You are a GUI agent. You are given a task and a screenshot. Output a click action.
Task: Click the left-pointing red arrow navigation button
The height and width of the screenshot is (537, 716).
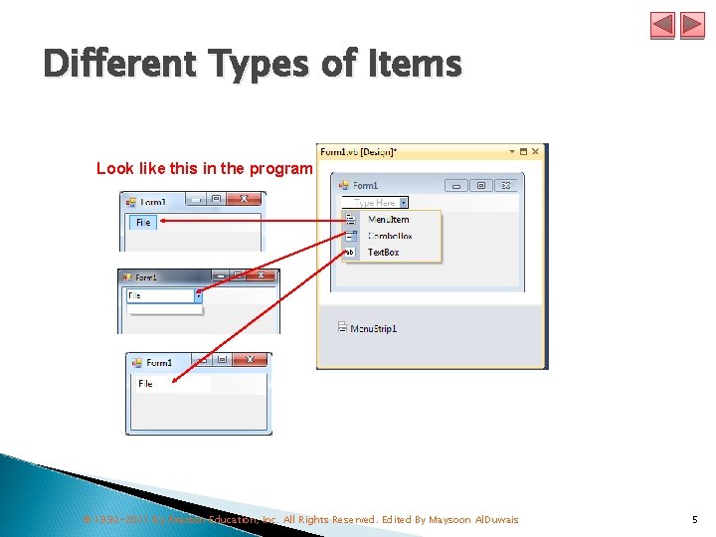tap(663, 25)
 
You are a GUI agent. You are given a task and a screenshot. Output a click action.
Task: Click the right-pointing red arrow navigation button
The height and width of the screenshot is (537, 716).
tap(692, 25)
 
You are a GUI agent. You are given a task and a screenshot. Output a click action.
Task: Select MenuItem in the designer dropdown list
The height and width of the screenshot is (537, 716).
tap(388, 220)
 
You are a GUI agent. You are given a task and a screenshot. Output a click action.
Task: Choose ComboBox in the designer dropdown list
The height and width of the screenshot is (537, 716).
tap(390, 237)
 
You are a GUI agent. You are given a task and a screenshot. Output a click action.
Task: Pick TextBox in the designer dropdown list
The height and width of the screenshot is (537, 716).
tap(384, 253)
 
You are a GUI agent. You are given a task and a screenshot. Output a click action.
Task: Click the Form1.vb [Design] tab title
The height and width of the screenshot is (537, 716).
tap(358, 152)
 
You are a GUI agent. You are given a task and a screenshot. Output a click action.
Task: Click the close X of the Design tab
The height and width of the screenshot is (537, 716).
tap(536, 152)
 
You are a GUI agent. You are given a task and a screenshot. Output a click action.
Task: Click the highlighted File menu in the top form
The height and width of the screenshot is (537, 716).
tap(143, 223)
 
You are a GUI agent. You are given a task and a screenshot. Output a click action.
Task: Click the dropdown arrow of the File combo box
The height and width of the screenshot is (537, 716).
tap(198, 295)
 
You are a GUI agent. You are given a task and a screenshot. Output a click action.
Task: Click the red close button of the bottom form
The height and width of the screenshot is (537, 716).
tap(250, 360)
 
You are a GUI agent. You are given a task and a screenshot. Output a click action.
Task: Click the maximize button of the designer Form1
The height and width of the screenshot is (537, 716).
tap(481, 185)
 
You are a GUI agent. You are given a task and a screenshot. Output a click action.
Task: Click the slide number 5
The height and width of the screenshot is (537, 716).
tap(694, 519)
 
